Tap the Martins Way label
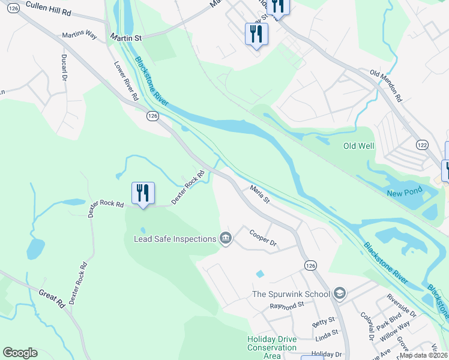coord(80,36)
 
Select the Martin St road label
coord(126,37)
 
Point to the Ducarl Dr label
coord(64,68)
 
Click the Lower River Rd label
coord(127,80)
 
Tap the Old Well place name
coord(358,146)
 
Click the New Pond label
coord(405,192)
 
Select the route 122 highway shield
coord(422,145)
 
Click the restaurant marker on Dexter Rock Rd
coord(143,193)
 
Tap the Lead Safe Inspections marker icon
coord(226,239)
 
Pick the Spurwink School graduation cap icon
coord(340,293)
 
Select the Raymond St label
coord(287,306)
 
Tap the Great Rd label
coord(51,299)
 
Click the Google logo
coord(20,353)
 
